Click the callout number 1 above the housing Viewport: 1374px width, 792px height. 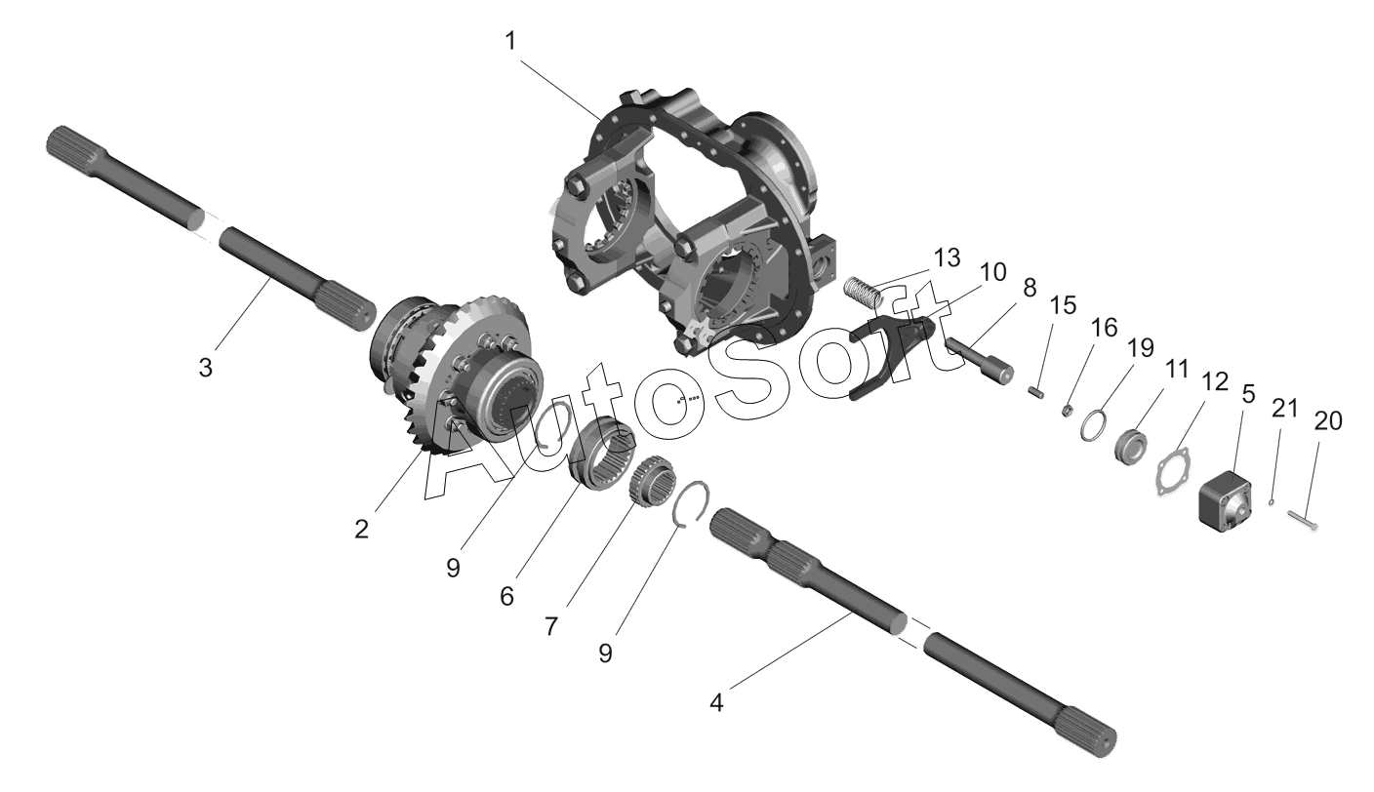[x=510, y=42]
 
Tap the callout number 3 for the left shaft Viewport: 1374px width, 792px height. [x=206, y=367]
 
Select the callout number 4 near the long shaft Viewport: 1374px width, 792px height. [x=716, y=702]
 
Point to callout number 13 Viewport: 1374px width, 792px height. [x=947, y=258]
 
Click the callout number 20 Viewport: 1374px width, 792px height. [x=1328, y=421]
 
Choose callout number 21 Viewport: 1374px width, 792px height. [x=1284, y=408]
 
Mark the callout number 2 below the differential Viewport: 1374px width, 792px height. [x=361, y=529]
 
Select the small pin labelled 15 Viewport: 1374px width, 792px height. [x=1036, y=392]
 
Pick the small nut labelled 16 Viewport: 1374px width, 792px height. [x=1068, y=410]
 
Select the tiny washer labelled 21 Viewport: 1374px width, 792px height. [x=1271, y=503]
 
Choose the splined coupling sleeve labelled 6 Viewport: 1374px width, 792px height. [x=602, y=452]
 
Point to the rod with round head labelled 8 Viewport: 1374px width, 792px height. [x=979, y=361]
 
